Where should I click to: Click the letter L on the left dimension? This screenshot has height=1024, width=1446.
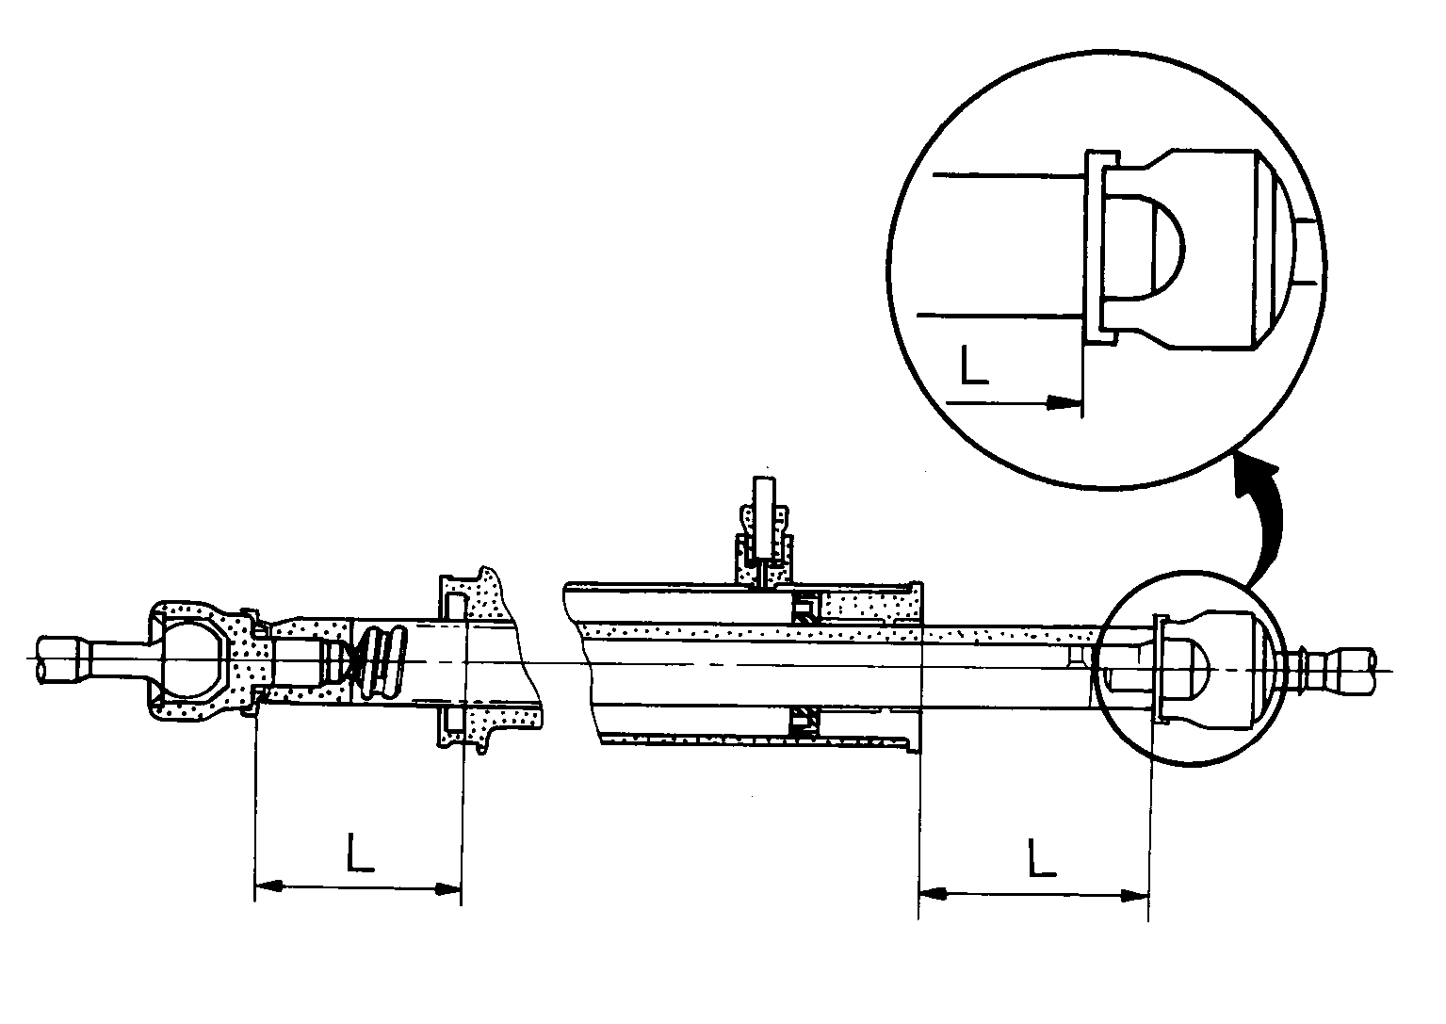[x=359, y=853]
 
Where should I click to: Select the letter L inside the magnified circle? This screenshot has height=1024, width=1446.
[x=973, y=365]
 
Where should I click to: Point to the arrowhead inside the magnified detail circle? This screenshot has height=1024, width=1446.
[x=1064, y=402]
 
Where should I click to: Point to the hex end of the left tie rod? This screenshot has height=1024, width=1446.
[x=58, y=659]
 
